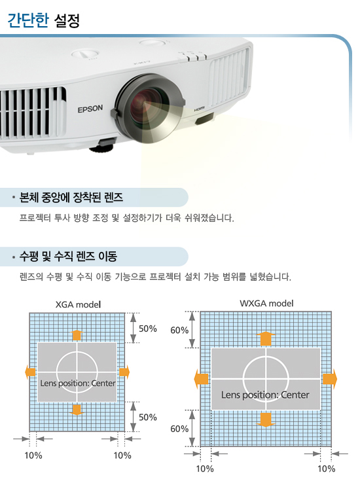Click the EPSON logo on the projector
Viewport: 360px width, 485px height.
(90, 109)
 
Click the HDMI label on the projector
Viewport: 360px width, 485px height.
(199, 109)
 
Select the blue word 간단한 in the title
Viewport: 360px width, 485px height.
(28, 20)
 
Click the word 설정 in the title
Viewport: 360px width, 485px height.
(67, 20)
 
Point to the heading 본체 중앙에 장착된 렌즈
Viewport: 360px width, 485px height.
(71, 197)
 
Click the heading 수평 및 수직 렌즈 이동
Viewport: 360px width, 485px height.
(68, 256)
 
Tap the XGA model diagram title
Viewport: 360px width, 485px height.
(79, 304)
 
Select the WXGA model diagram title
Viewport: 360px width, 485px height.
(266, 303)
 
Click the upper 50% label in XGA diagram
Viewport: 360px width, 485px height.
(147, 329)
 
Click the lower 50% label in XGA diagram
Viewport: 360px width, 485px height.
(147, 418)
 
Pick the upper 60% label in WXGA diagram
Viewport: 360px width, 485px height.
(179, 331)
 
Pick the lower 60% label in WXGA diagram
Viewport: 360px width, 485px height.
(179, 429)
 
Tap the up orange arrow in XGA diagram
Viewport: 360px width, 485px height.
(77, 335)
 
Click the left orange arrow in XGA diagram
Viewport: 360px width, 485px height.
(30, 372)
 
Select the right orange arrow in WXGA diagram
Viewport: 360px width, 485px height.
(330, 378)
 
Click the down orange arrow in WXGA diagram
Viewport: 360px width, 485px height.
(266, 420)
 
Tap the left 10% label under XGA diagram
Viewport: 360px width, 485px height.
(33, 456)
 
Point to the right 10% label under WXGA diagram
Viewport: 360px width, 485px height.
(326, 469)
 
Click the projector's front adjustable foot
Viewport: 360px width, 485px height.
(102, 146)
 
